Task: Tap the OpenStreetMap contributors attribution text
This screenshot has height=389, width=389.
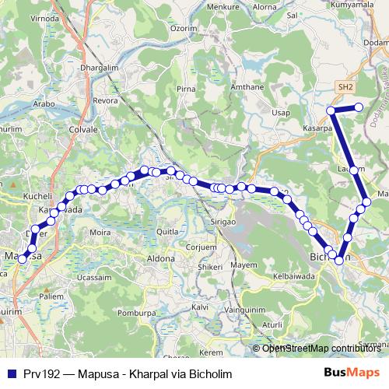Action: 321,349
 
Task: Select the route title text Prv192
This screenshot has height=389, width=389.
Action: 37,373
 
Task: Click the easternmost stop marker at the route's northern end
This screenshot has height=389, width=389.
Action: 359,107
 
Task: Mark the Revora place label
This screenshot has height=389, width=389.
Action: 105,100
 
